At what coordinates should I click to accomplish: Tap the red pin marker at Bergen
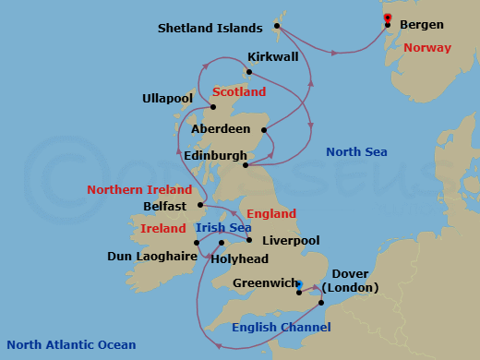(387, 18)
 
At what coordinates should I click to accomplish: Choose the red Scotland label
(239, 92)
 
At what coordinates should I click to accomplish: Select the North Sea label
(357, 151)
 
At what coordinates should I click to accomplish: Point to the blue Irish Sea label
(223, 228)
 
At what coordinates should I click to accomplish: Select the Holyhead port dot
(222, 244)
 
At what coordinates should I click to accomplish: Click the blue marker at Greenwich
(298, 285)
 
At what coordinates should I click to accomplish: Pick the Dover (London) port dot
(320, 303)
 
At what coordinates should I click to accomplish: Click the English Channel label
(281, 327)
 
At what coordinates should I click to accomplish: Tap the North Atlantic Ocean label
(71, 345)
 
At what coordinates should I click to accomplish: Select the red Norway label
(428, 48)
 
